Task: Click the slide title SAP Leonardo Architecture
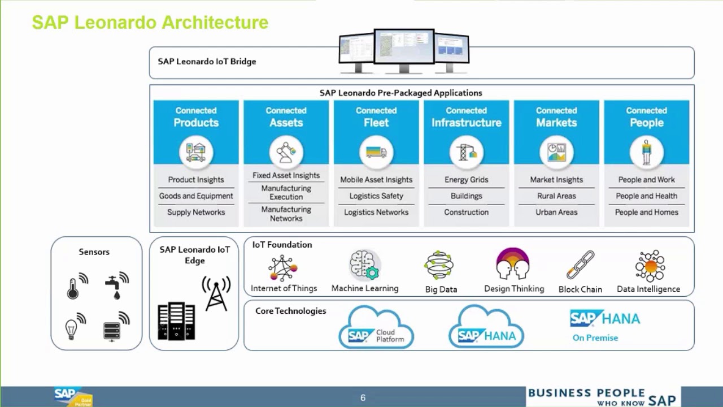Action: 150,23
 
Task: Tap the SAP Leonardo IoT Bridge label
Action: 207,62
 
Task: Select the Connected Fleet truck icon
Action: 376,152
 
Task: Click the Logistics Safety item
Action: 376,196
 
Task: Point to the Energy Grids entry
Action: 466,180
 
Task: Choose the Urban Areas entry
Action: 556,212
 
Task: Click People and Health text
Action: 646,196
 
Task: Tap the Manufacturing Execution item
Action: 286,192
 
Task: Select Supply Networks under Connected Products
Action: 196,212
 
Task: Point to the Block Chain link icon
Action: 580,265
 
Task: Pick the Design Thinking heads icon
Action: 513,264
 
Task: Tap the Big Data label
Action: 441,289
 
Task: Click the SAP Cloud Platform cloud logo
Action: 376,328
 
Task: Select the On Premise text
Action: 595,337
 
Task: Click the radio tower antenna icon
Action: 216,293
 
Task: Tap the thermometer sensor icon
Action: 73,287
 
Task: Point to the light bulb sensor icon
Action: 72,327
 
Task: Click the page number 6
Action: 363,398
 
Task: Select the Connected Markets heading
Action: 556,117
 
